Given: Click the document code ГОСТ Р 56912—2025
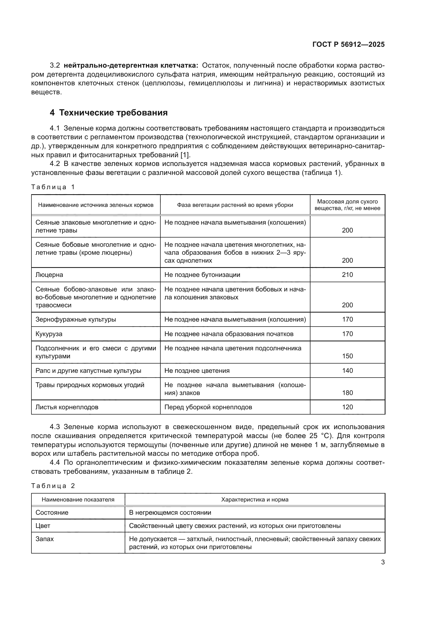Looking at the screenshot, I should (x=348, y=44).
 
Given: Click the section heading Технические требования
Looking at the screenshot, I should (x=113, y=113).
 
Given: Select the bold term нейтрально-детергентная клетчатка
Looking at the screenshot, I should (x=131, y=66).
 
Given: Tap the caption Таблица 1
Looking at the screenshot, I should (x=53, y=187).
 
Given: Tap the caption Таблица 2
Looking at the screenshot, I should (x=53, y=486).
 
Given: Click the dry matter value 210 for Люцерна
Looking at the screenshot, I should (x=347, y=275).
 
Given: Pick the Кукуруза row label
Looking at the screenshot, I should (x=49, y=334).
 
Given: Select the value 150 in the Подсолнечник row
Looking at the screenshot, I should (x=347, y=356).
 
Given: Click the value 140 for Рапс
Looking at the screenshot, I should (x=347, y=371).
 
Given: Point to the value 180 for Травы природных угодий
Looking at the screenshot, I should (x=347, y=393).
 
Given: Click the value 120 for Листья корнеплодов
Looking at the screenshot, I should (x=347, y=407).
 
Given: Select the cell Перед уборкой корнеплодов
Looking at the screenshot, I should (x=208, y=407).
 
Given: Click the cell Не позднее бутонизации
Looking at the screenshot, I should (x=202, y=275).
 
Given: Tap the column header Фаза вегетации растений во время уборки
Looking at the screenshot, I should (x=235, y=205).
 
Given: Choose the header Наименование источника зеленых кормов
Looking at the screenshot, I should (x=96, y=205).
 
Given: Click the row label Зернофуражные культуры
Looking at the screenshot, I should (x=76, y=319).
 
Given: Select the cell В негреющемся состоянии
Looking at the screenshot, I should (x=170, y=513).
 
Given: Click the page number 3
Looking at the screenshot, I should (x=383, y=562).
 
